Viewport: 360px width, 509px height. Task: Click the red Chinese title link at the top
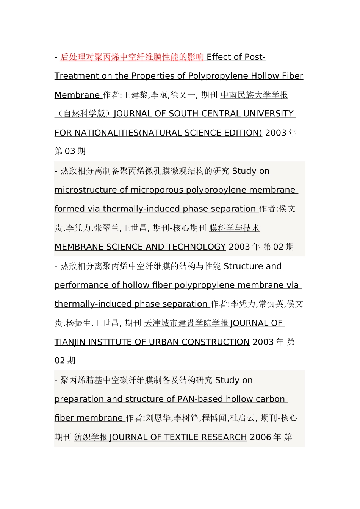(132, 57)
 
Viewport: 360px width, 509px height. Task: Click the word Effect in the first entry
(218, 57)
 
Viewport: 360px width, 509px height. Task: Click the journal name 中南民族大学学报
(254, 95)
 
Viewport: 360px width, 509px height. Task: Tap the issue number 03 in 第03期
(70, 151)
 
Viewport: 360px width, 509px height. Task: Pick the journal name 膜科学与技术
(234, 228)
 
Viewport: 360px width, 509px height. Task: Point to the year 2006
(260, 437)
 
